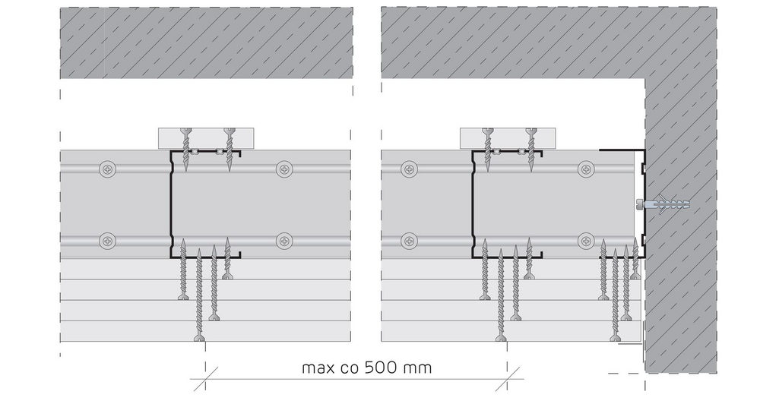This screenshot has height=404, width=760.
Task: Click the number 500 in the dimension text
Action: tap(381, 368)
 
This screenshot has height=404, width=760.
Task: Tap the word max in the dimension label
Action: tap(318, 368)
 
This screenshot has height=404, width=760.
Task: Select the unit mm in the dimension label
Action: tap(416, 368)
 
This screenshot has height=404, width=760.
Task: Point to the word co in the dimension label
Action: tap(350, 368)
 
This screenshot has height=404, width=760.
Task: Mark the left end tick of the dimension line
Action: tap(205, 379)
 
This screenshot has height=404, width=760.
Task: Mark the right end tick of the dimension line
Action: tap(508, 379)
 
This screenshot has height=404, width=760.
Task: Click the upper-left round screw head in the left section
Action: tap(108, 169)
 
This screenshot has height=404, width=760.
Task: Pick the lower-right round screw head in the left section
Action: tap(284, 241)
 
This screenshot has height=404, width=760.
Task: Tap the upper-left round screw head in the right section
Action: tap(410, 169)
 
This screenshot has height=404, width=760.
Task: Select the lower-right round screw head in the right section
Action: tap(587, 241)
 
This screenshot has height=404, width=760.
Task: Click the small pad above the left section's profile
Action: tap(206, 138)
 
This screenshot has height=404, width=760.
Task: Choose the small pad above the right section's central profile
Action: tap(508, 138)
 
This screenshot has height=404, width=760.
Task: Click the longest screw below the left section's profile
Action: tap(198, 295)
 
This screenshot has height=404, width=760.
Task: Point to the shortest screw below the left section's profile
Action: tap(227, 258)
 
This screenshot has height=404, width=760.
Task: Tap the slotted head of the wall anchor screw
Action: tap(640, 204)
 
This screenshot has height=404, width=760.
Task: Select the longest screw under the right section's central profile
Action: tap(501, 295)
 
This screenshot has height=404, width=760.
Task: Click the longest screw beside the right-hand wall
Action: tap(615, 295)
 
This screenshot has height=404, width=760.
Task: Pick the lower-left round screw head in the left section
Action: tap(108, 241)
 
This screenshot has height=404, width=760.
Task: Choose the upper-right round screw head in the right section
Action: tap(587, 169)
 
